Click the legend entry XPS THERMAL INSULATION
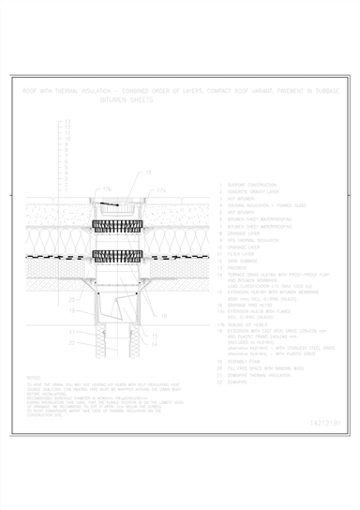[249, 239]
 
